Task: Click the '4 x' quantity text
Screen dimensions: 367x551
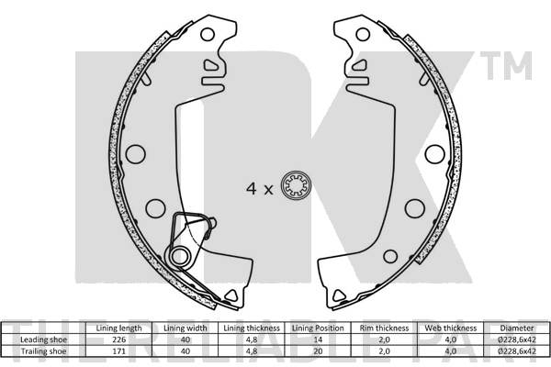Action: click(x=259, y=189)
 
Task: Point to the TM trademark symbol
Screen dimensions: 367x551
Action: click(x=515, y=65)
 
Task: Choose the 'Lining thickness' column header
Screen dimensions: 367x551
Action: click(x=251, y=328)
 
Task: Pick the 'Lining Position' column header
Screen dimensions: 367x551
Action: click(x=319, y=328)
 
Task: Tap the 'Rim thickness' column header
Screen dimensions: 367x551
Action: click(x=385, y=328)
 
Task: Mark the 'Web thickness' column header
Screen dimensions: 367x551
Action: click(x=451, y=328)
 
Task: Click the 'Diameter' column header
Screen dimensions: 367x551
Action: click(x=517, y=328)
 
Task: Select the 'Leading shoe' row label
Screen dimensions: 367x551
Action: click(x=42, y=339)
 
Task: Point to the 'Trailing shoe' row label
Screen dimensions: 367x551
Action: click(x=42, y=350)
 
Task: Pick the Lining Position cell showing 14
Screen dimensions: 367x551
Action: click(x=319, y=339)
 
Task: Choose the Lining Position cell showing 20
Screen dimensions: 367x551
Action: click(x=319, y=350)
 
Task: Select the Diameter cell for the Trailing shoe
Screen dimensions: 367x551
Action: click(x=517, y=350)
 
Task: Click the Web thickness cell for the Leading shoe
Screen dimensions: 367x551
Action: click(x=451, y=339)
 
